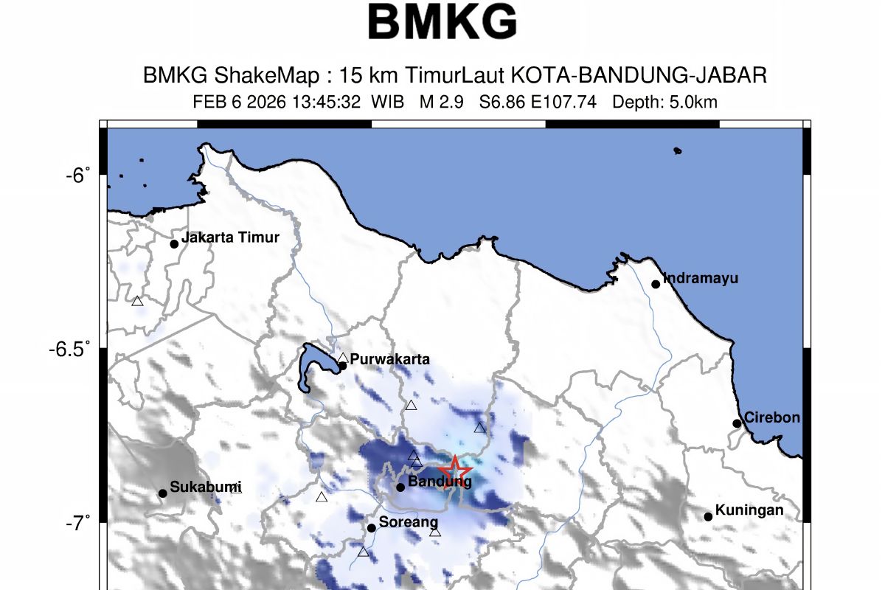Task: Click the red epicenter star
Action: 455,470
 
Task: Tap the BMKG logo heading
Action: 442,22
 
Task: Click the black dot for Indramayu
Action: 656,284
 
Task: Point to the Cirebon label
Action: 771,417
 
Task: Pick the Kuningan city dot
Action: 708,516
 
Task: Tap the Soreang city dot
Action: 372,527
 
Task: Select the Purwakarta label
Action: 389,360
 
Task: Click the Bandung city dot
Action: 400,487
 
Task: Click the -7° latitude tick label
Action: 77,523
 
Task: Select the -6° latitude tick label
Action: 77,175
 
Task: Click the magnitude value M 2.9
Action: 441,103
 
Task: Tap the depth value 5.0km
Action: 692,103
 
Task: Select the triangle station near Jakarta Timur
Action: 137,301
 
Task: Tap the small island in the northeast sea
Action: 677,151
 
